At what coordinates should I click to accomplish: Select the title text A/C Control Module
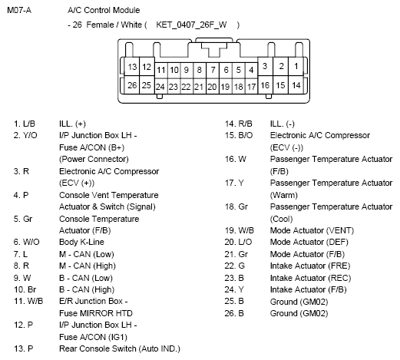[104, 11]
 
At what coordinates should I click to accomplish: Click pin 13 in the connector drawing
[132, 67]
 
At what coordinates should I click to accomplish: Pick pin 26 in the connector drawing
[132, 84]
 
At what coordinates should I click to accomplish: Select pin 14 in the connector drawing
[296, 84]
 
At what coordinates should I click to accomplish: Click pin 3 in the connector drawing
[265, 67]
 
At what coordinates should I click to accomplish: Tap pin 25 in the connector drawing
[147, 84]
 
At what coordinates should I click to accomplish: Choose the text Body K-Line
[81, 241]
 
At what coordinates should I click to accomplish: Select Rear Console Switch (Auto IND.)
[119, 348]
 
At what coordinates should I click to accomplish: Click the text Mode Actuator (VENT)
[302, 230]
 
